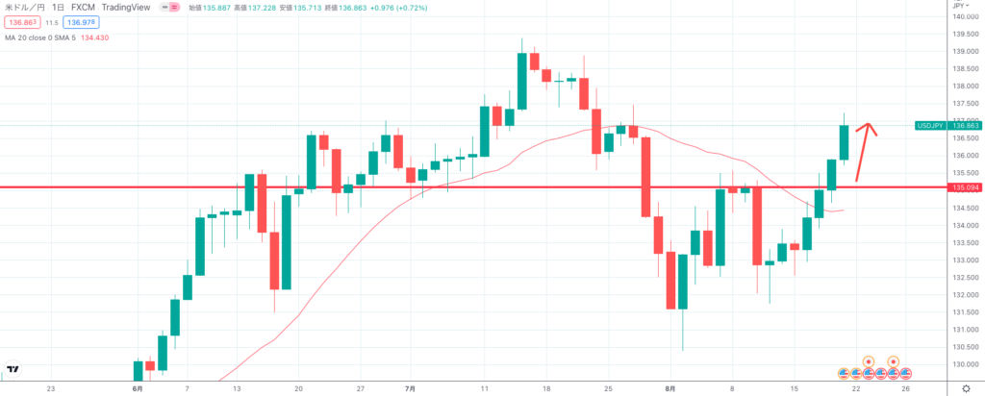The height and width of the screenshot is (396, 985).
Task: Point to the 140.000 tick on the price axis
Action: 963,16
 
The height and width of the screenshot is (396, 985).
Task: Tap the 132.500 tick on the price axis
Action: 963,278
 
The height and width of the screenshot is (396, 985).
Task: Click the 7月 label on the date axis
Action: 411,389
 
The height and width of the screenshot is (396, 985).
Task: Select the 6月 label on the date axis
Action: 138,389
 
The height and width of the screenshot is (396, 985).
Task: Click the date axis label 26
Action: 905,389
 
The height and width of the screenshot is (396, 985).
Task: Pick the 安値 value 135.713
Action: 307,7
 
